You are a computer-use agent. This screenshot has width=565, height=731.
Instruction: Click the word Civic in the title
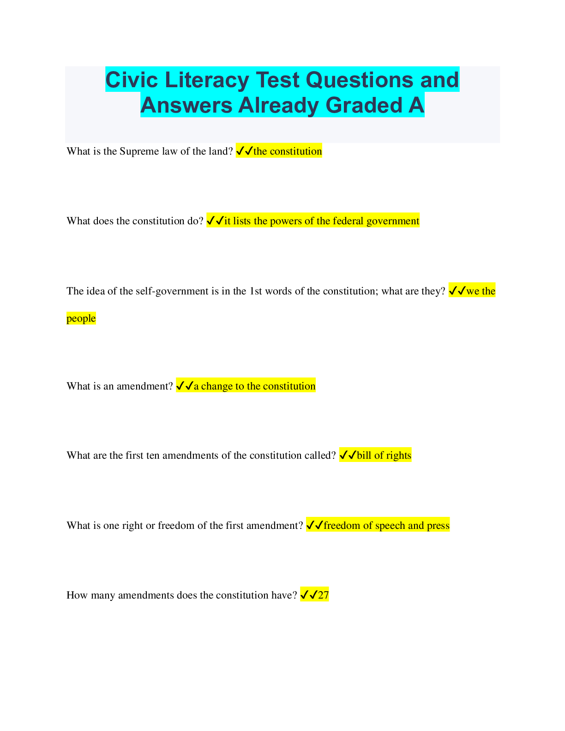pyautogui.click(x=132, y=80)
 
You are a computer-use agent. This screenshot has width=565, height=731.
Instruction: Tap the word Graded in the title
pyautogui.click(x=364, y=105)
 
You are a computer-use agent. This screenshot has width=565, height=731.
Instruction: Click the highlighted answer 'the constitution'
pyautogui.click(x=288, y=151)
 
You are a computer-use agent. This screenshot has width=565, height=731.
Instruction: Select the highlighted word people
pyautogui.click(x=81, y=318)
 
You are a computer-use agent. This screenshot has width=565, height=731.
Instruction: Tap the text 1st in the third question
pyautogui.click(x=255, y=291)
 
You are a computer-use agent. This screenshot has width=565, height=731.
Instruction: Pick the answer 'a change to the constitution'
pyautogui.click(x=255, y=386)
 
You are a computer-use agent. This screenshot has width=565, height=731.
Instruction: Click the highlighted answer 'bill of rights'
pyautogui.click(x=384, y=455)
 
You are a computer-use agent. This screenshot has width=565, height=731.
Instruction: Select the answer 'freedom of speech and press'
pyautogui.click(x=387, y=526)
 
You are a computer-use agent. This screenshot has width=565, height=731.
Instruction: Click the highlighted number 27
pyautogui.click(x=323, y=595)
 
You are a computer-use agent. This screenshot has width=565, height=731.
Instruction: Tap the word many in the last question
pyautogui.click(x=103, y=595)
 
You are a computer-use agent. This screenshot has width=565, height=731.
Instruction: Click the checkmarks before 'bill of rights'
pyautogui.click(x=348, y=455)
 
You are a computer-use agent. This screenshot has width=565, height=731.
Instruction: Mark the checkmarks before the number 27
pyautogui.click(x=309, y=595)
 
